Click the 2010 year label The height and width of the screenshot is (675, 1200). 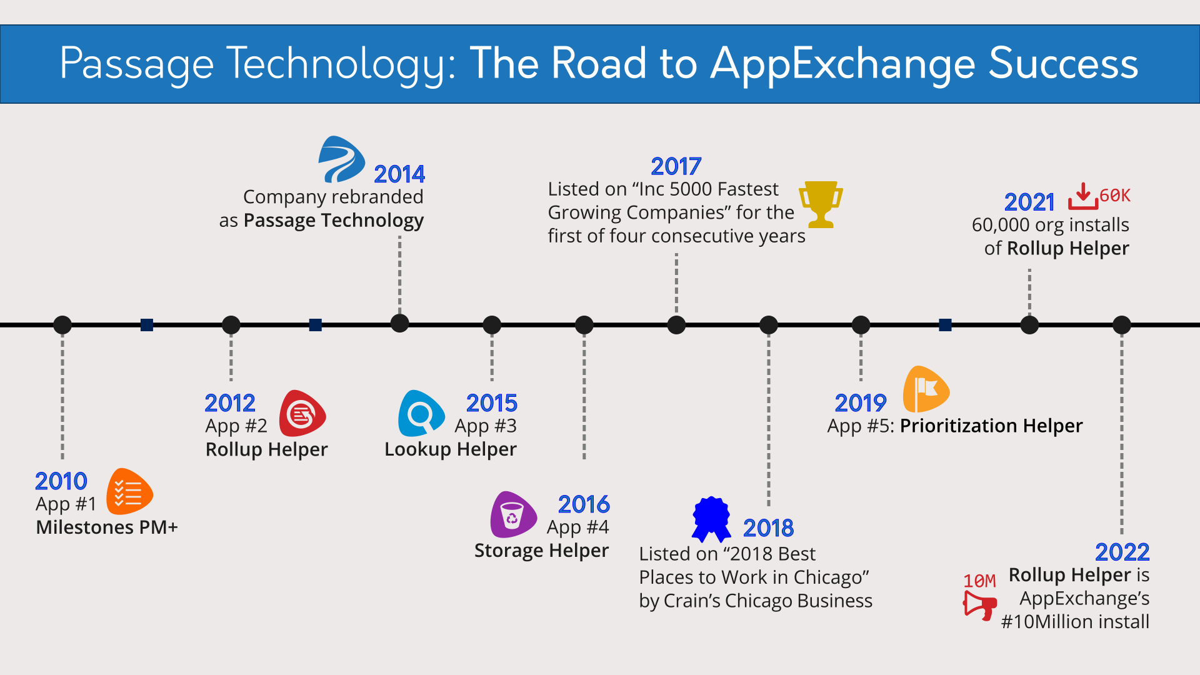[61, 481]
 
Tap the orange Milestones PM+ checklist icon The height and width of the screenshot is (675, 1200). [129, 492]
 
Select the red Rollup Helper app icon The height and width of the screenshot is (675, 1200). [302, 414]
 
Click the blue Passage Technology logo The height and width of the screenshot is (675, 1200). [341, 159]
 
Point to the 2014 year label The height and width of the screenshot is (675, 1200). [399, 174]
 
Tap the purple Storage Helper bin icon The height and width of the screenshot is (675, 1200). [514, 515]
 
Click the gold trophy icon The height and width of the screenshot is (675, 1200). [821, 204]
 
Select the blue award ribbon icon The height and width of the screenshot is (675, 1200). [711, 519]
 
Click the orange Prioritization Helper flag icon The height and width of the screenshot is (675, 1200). [926, 389]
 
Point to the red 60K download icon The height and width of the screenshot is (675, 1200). [1083, 196]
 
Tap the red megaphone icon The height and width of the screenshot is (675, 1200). [979, 605]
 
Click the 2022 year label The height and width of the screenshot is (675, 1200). [1122, 552]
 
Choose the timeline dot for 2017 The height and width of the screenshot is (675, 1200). [676, 325]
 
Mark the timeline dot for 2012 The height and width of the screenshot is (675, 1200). [231, 325]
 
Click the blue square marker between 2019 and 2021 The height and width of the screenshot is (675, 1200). [945, 325]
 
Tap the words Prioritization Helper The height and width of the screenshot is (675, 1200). [991, 426]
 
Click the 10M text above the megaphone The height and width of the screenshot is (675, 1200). [979, 581]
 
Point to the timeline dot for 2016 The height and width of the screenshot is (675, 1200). [584, 325]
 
